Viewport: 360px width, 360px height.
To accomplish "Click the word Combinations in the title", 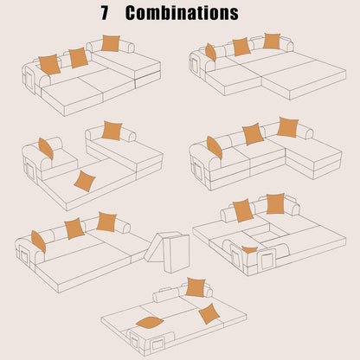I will pos(182,14).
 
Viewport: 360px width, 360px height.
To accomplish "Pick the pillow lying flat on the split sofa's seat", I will pos(84,180).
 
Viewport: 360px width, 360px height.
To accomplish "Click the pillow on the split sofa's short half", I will pos(46,149).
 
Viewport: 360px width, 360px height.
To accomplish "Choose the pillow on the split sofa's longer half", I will pos(112,131).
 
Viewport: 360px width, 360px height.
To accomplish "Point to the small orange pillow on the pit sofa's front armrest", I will pos(250,249).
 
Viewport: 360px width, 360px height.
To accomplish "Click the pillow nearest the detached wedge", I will pos(107,222).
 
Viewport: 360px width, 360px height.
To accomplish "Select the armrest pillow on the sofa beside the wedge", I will pos(39,241).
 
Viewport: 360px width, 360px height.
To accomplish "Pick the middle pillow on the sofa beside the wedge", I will pos(74,228).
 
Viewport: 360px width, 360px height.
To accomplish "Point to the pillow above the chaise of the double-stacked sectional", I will pos(287,127).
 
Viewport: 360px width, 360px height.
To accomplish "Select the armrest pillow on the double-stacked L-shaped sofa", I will pos(214,147).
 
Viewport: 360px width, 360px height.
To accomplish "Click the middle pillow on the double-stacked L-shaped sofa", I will pos(253,133).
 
